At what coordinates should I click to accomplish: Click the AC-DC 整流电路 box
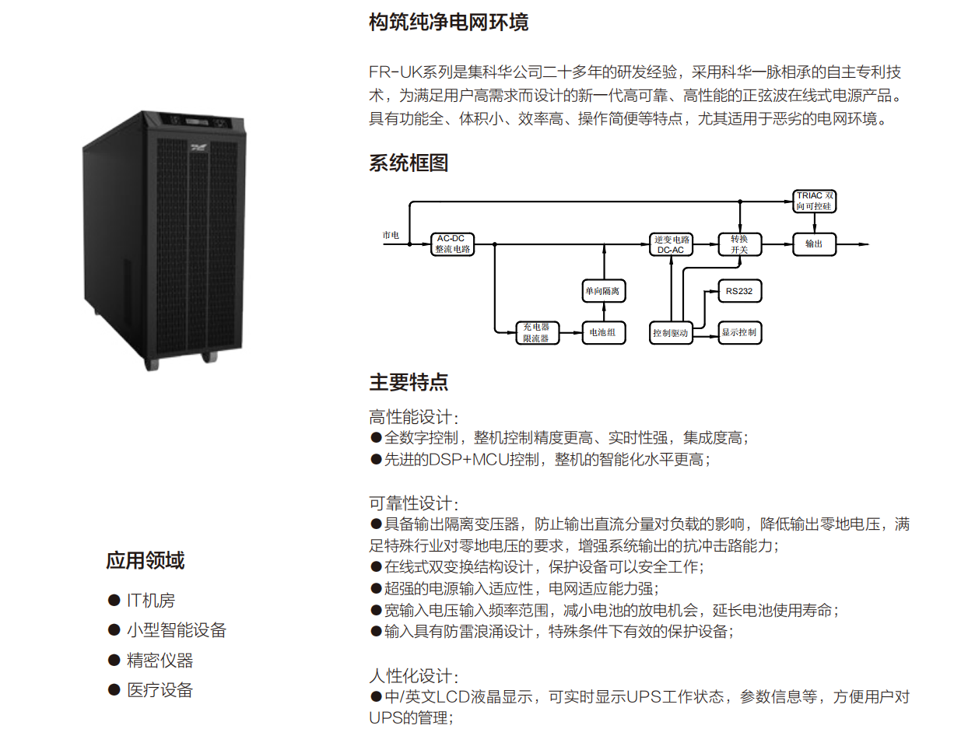pos(453,244)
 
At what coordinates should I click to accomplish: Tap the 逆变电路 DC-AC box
pos(670,244)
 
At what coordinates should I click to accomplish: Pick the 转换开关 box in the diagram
pos(739,244)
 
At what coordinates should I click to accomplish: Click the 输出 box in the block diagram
pos(813,244)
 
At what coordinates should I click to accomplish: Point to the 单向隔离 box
pos(605,292)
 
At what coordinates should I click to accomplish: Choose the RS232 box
pos(738,292)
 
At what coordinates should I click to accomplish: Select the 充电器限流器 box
pos(537,332)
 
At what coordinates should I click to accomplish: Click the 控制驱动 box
pos(671,332)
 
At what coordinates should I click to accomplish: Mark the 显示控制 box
pos(738,332)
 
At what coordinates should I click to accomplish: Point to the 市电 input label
pos(391,235)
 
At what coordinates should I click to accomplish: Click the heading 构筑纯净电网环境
pos(448,23)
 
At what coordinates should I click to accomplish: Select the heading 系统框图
pos(409,163)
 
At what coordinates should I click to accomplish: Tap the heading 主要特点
pos(409,382)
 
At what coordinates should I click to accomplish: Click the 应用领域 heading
pos(146,560)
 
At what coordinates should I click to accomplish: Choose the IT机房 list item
pos(152,601)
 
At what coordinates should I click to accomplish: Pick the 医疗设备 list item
pos(160,690)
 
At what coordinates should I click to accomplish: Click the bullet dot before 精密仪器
pos(114,661)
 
